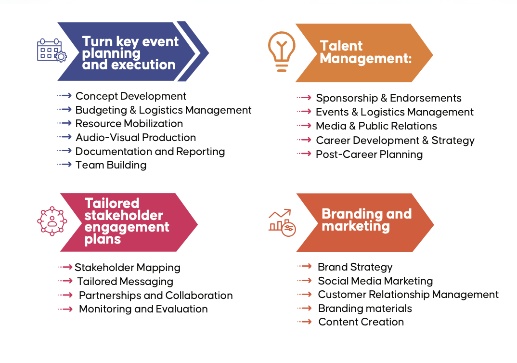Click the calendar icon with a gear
click(x=52, y=51)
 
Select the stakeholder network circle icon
click(x=52, y=221)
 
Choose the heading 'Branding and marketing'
click(x=366, y=220)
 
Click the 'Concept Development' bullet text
click(x=131, y=96)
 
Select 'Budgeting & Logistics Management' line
click(x=163, y=110)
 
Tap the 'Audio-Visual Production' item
click(x=136, y=138)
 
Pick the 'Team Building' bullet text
click(x=111, y=165)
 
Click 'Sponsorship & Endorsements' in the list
click(x=388, y=98)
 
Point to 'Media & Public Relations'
click(x=376, y=126)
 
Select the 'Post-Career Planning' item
click(x=369, y=155)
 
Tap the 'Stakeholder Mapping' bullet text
click(x=128, y=267)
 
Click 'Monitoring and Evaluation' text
click(x=143, y=309)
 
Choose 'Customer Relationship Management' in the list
click(x=408, y=295)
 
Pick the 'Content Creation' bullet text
click(x=361, y=322)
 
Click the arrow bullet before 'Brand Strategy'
click(x=304, y=266)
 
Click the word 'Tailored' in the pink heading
click(x=112, y=203)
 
